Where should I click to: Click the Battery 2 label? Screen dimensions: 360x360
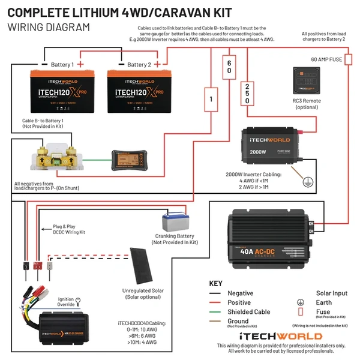click(140, 64)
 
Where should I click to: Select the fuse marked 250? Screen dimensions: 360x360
click(247, 94)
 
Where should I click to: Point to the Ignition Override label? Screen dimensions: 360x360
click(66, 301)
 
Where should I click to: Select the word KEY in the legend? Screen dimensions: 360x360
click(215, 283)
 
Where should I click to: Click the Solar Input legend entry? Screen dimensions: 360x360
click(331, 293)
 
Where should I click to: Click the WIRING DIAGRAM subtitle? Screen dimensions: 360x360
click(49, 27)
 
